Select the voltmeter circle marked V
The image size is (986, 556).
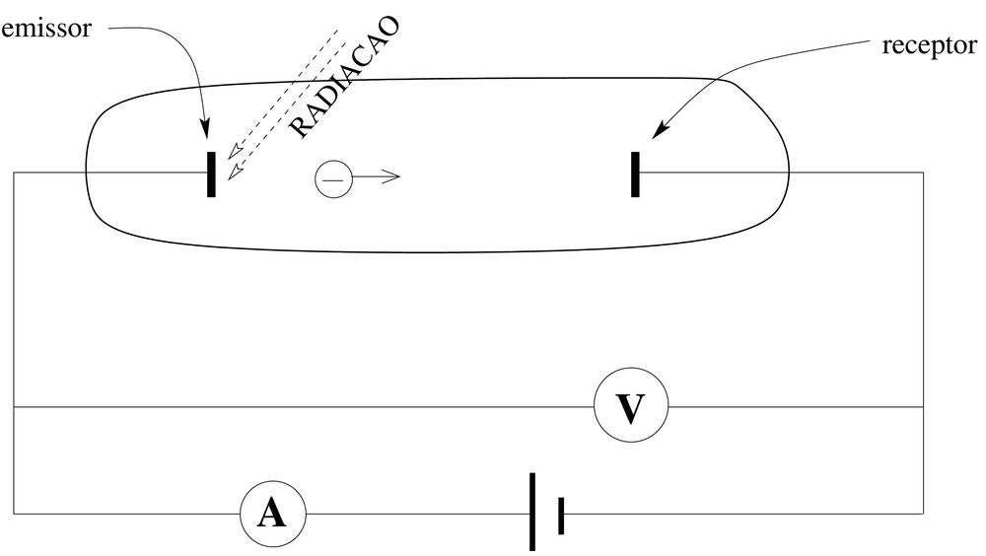tap(630, 406)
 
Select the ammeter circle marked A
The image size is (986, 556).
tap(272, 514)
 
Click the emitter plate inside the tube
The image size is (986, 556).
tap(211, 174)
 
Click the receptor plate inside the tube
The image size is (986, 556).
tap(635, 174)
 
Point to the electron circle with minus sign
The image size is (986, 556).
tap(333, 178)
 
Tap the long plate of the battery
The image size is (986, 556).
tap(532, 512)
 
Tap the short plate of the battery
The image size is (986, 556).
tap(561, 515)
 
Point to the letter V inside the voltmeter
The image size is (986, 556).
tap(630, 407)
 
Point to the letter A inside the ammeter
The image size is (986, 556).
tap(272, 515)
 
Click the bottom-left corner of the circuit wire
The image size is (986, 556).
tap(14, 514)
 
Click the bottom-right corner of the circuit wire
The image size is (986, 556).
tap(923, 514)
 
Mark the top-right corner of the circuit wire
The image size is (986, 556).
tap(923, 173)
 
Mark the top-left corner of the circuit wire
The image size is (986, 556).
tap(14, 173)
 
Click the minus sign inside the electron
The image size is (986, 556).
tap(333, 178)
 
